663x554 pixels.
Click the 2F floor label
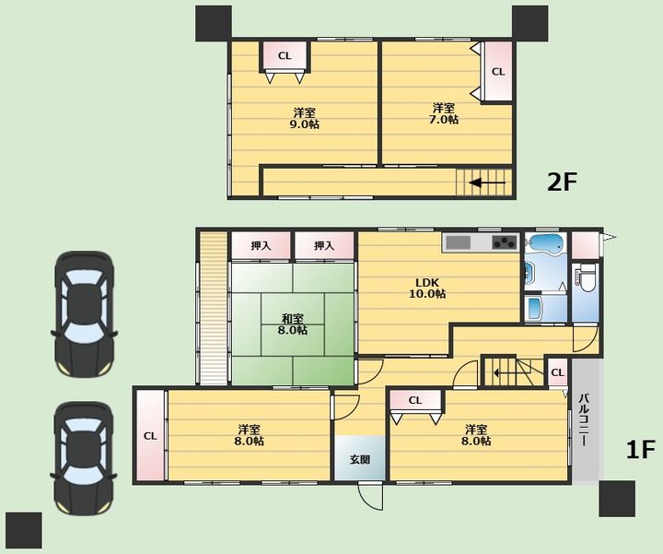pos(562,183)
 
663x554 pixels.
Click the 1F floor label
pos(641,450)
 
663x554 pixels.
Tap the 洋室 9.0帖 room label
pos(305,119)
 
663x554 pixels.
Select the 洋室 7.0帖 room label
pos(444,113)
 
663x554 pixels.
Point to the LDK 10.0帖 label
pos(427,288)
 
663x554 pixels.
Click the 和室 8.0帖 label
pos(293,324)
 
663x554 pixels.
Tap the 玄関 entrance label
pos(360,459)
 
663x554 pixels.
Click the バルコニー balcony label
pos(584,419)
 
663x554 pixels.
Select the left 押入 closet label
pos(261,245)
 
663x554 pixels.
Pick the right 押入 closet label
pos(324,245)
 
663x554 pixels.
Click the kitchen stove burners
pos(505,242)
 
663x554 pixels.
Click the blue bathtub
pos(546,244)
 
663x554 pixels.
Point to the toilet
pos(587,278)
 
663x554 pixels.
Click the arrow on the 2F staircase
pos(487,183)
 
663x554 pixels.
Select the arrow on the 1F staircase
pos(505,373)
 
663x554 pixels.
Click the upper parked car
pos(84,314)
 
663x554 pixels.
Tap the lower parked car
pos(84,458)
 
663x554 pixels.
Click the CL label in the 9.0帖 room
pos(285,56)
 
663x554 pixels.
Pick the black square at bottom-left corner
pos(24,530)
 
